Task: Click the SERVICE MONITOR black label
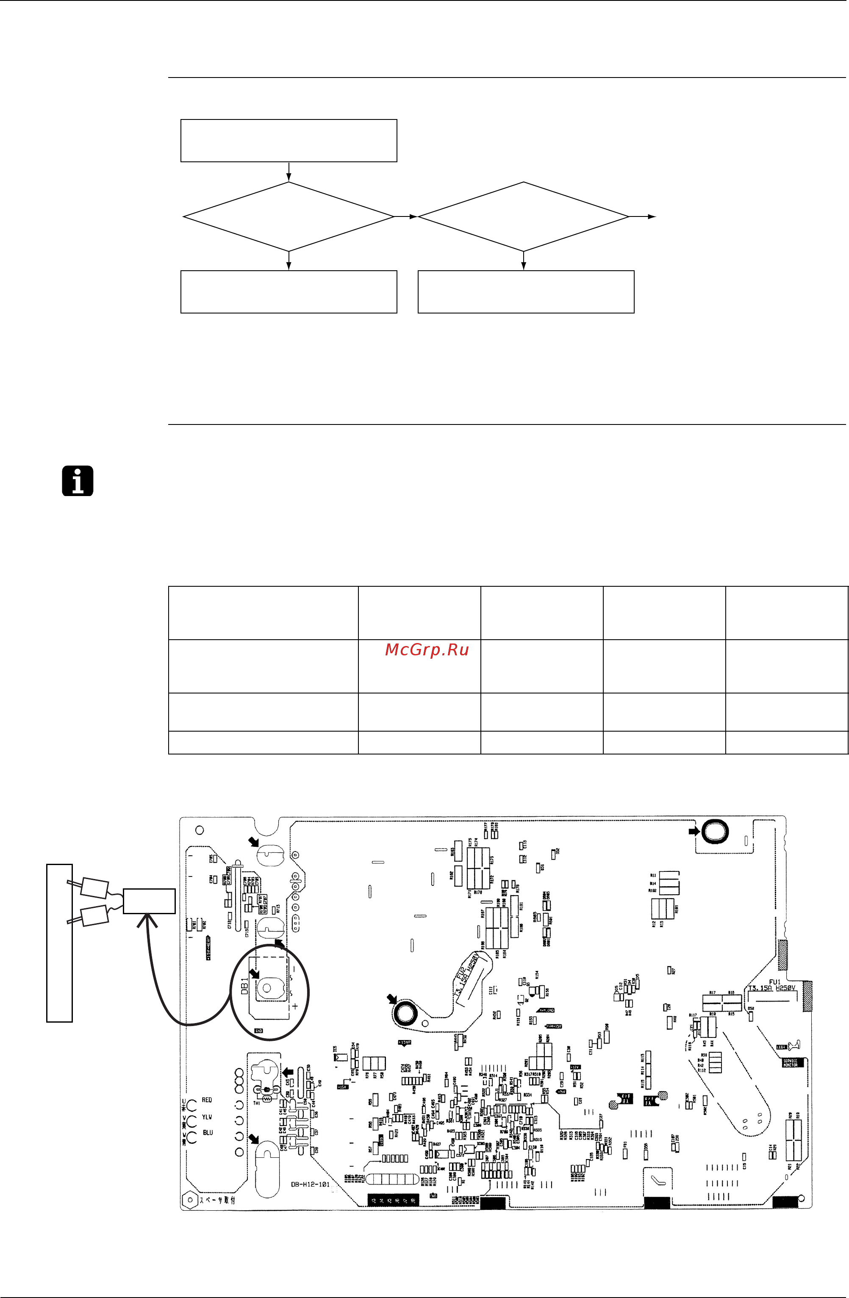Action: point(790,1063)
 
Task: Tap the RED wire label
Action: point(207,1099)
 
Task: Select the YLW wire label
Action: point(207,1116)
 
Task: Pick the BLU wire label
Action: point(207,1132)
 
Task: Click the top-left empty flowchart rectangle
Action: point(289,141)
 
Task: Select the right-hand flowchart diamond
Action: point(524,216)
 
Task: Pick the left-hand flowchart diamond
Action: point(289,216)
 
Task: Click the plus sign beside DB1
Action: point(295,1006)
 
